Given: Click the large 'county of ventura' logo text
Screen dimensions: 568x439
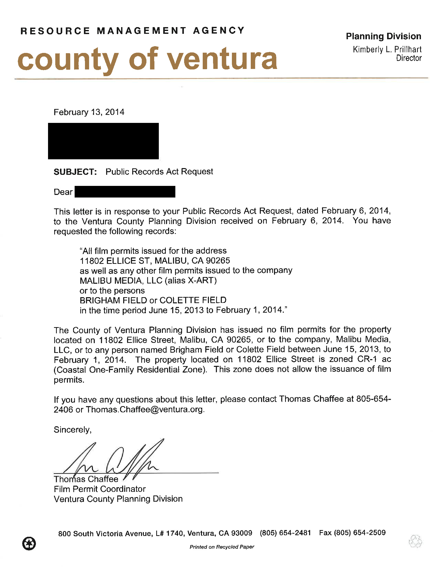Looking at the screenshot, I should (147, 59).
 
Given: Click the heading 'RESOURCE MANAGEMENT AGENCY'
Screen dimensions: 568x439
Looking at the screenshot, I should (133, 31).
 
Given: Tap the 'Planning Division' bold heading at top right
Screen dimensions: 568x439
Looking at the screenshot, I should (383, 36).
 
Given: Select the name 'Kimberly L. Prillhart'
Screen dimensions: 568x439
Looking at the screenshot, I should (387, 49).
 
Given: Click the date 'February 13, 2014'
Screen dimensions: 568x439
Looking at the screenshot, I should (89, 112).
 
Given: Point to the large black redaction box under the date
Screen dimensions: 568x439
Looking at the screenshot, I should (103, 141).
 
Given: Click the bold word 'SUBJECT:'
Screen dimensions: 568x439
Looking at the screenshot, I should (75, 172).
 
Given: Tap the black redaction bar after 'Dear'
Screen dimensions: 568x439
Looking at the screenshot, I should (125, 192).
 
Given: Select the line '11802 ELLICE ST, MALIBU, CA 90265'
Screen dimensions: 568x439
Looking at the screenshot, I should (155, 261).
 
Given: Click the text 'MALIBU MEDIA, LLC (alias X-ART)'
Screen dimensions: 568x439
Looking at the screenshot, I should (148, 280).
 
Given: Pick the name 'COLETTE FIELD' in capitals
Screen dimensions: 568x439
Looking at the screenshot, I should (193, 300).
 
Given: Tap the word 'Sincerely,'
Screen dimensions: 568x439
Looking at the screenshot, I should (73, 429).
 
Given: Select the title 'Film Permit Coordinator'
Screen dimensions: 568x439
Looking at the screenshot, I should (100, 489).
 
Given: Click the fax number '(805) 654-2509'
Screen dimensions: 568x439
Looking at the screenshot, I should (360, 532).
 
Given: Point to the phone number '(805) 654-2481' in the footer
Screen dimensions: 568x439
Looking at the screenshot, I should (285, 533).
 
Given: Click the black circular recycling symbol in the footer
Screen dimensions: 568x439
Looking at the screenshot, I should (29, 543).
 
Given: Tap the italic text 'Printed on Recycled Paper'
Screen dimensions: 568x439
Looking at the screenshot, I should (222, 547).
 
